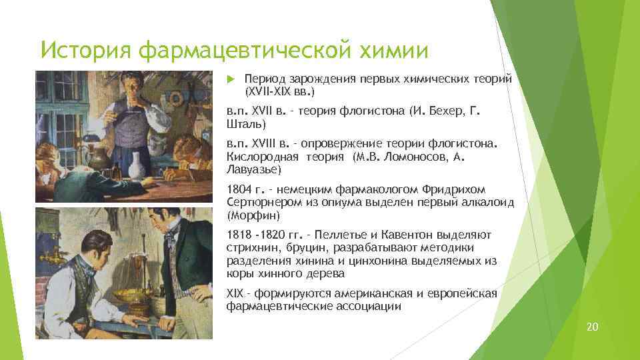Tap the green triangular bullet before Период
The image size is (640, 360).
231,79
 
